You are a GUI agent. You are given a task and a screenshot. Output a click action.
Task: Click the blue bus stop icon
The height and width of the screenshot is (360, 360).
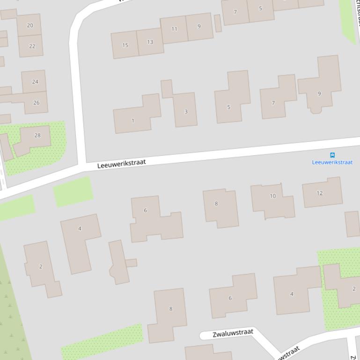pyautogui.click(x=332, y=155)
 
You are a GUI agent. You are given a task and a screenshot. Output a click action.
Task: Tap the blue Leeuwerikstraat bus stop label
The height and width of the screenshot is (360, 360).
pyautogui.click(x=332, y=162)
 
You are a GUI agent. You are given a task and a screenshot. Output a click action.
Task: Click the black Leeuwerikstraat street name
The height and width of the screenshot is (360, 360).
pyautogui.click(x=122, y=164)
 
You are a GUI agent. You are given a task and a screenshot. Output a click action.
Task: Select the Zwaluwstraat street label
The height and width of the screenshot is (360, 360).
pyautogui.click(x=233, y=333)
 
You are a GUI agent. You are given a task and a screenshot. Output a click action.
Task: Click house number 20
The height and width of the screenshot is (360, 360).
pyautogui.click(x=30, y=26)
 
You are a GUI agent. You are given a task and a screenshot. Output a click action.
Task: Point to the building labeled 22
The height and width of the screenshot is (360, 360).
pyautogui.click(x=32, y=46)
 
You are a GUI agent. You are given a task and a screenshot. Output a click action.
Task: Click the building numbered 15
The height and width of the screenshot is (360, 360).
pyautogui.click(x=125, y=45)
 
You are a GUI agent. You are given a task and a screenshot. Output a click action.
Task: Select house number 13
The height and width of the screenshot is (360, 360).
pyautogui.click(x=150, y=42)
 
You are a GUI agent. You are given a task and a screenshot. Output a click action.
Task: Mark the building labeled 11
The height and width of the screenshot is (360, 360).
pyautogui.click(x=174, y=29)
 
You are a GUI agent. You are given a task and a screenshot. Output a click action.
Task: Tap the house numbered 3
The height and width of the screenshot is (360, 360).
pyautogui.click(x=186, y=111)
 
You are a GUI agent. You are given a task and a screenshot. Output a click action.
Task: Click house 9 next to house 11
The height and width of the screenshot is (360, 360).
pyautogui.click(x=199, y=26)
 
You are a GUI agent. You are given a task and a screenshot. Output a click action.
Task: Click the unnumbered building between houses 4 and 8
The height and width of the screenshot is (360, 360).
pyautogui.click(x=119, y=262)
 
